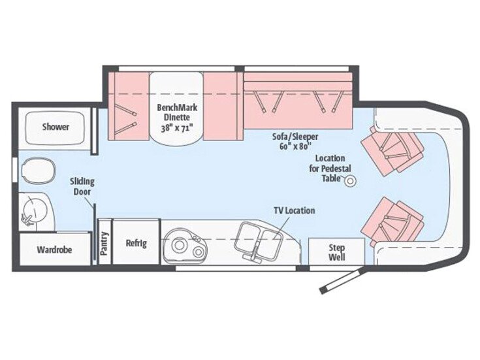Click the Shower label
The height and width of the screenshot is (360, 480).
(x=56, y=127)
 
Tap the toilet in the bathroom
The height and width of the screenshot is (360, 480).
(x=32, y=172)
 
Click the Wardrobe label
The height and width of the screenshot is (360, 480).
(x=54, y=250)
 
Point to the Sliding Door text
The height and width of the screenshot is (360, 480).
(x=82, y=186)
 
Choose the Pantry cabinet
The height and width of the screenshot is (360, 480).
(x=104, y=243)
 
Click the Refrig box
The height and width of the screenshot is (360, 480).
(x=136, y=243)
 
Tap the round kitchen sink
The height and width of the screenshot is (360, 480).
(x=181, y=242)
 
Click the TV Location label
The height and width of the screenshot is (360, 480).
(x=294, y=210)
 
